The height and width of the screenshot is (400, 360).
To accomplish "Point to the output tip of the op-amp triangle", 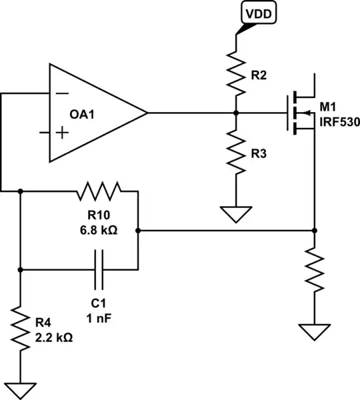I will tap(146, 113).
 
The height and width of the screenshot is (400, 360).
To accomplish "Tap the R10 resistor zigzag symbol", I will tap(99, 192).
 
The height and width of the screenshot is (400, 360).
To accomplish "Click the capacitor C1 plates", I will tap(99, 269).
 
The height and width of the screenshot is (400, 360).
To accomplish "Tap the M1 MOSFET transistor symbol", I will tap(300, 112).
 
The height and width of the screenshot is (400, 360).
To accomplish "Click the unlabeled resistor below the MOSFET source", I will tap(313, 271).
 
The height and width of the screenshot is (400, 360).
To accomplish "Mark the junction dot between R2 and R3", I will tap(236, 113).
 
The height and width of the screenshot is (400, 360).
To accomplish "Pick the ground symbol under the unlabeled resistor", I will tap(313, 331).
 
